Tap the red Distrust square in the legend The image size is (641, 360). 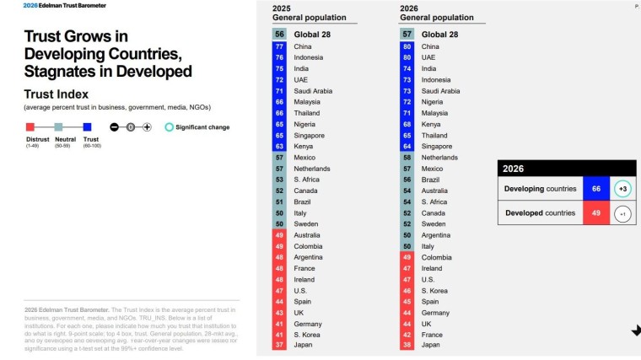pyautogui.click(x=30, y=127)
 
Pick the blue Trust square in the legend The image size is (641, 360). pyautogui.click(x=87, y=127)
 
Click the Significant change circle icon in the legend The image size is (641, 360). pyautogui.click(x=170, y=127)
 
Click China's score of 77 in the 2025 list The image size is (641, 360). pyautogui.click(x=279, y=46)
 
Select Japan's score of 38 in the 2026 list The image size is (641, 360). pyautogui.click(x=407, y=344)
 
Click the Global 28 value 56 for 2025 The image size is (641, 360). pyautogui.click(x=279, y=34)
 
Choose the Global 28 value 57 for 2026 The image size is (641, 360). pyautogui.click(x=407, y=34)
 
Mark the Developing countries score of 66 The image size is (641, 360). pyautogui.click(x=595, y=189)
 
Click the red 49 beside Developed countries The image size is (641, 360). pyautogui.click(x=595, y=213)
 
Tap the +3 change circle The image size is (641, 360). pyautogui.click(x=622, y=189)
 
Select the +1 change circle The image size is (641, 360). pyautogui.click(x=622, y=213)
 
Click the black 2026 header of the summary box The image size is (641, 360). pyautogui.click(x=566, y=169)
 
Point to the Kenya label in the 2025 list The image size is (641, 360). pyautogui.click(x=304, y=146)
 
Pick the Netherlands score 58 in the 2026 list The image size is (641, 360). pyautogui.click(x=407, y=157)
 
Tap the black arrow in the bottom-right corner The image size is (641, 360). pyautogui.click(x=635, y=330)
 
